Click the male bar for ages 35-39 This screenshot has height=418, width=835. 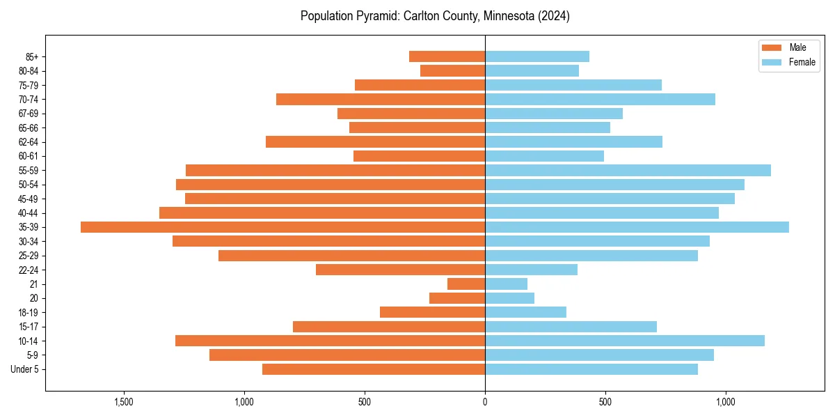283,227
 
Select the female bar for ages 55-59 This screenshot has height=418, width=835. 628,171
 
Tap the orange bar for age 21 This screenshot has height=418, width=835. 466,284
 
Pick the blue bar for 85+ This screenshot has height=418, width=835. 537,56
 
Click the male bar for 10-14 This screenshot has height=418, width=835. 330,341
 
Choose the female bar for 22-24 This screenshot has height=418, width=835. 531,270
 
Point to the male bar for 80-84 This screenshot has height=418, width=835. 452,71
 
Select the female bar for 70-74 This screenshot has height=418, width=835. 600,100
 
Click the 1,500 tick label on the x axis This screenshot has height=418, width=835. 124,403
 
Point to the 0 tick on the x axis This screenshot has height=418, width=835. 485,403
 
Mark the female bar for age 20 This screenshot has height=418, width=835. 509,298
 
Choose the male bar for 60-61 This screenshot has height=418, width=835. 419,156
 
